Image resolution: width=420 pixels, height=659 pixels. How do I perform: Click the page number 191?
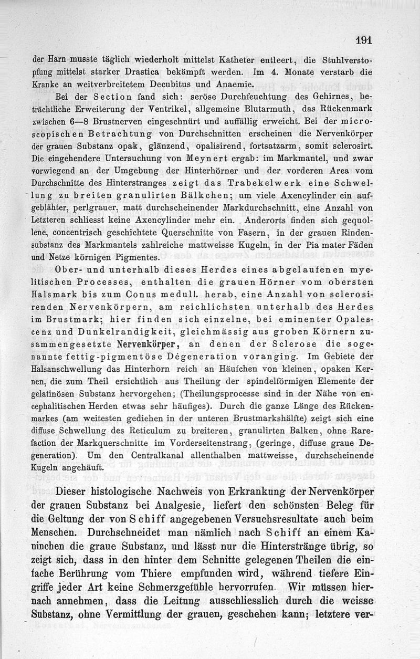pos(363,40)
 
